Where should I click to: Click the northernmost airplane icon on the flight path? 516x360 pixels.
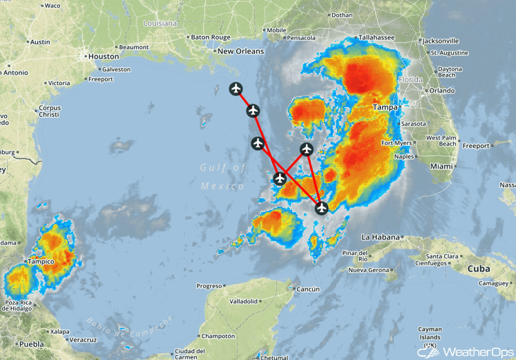point(236,88)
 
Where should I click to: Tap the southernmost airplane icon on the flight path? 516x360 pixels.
point(321,207)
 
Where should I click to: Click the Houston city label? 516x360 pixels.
point(104,57)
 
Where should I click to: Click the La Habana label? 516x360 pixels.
point(381,237)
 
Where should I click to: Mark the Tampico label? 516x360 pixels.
point(41,262)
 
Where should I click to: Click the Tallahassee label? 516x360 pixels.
point(376,37)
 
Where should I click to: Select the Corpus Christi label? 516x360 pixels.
point(50,112)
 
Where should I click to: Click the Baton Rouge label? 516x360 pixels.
point(210,37)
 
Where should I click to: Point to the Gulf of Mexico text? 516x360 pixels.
point(223,177)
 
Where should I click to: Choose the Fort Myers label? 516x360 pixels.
point(396,143)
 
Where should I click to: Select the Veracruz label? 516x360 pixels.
point(82,340)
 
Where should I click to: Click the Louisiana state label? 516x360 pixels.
point(160,23)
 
